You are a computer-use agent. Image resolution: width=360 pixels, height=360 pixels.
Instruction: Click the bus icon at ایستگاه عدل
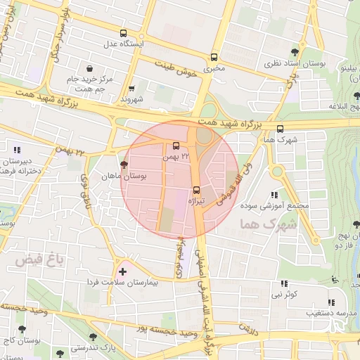124,33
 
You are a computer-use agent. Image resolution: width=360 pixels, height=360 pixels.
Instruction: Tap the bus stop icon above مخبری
214,58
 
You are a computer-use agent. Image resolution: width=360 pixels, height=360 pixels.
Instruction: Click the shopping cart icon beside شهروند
132,89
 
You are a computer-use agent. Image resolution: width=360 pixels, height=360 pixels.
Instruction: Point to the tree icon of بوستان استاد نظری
295,52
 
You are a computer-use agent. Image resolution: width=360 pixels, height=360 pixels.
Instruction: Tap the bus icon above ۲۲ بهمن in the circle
176,146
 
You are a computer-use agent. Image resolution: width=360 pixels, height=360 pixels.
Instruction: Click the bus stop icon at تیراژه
196,189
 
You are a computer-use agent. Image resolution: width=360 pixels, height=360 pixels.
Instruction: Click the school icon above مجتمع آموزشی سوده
274,195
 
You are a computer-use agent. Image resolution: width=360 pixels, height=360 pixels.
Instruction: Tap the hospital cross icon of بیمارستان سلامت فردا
123,271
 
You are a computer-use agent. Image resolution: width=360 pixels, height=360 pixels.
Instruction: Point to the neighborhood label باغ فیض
51,259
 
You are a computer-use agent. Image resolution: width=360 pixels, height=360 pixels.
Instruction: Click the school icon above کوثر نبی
287,281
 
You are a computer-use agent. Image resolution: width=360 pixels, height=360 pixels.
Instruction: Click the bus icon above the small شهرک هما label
281,129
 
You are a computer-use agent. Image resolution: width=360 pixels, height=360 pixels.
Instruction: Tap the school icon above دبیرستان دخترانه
17,149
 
